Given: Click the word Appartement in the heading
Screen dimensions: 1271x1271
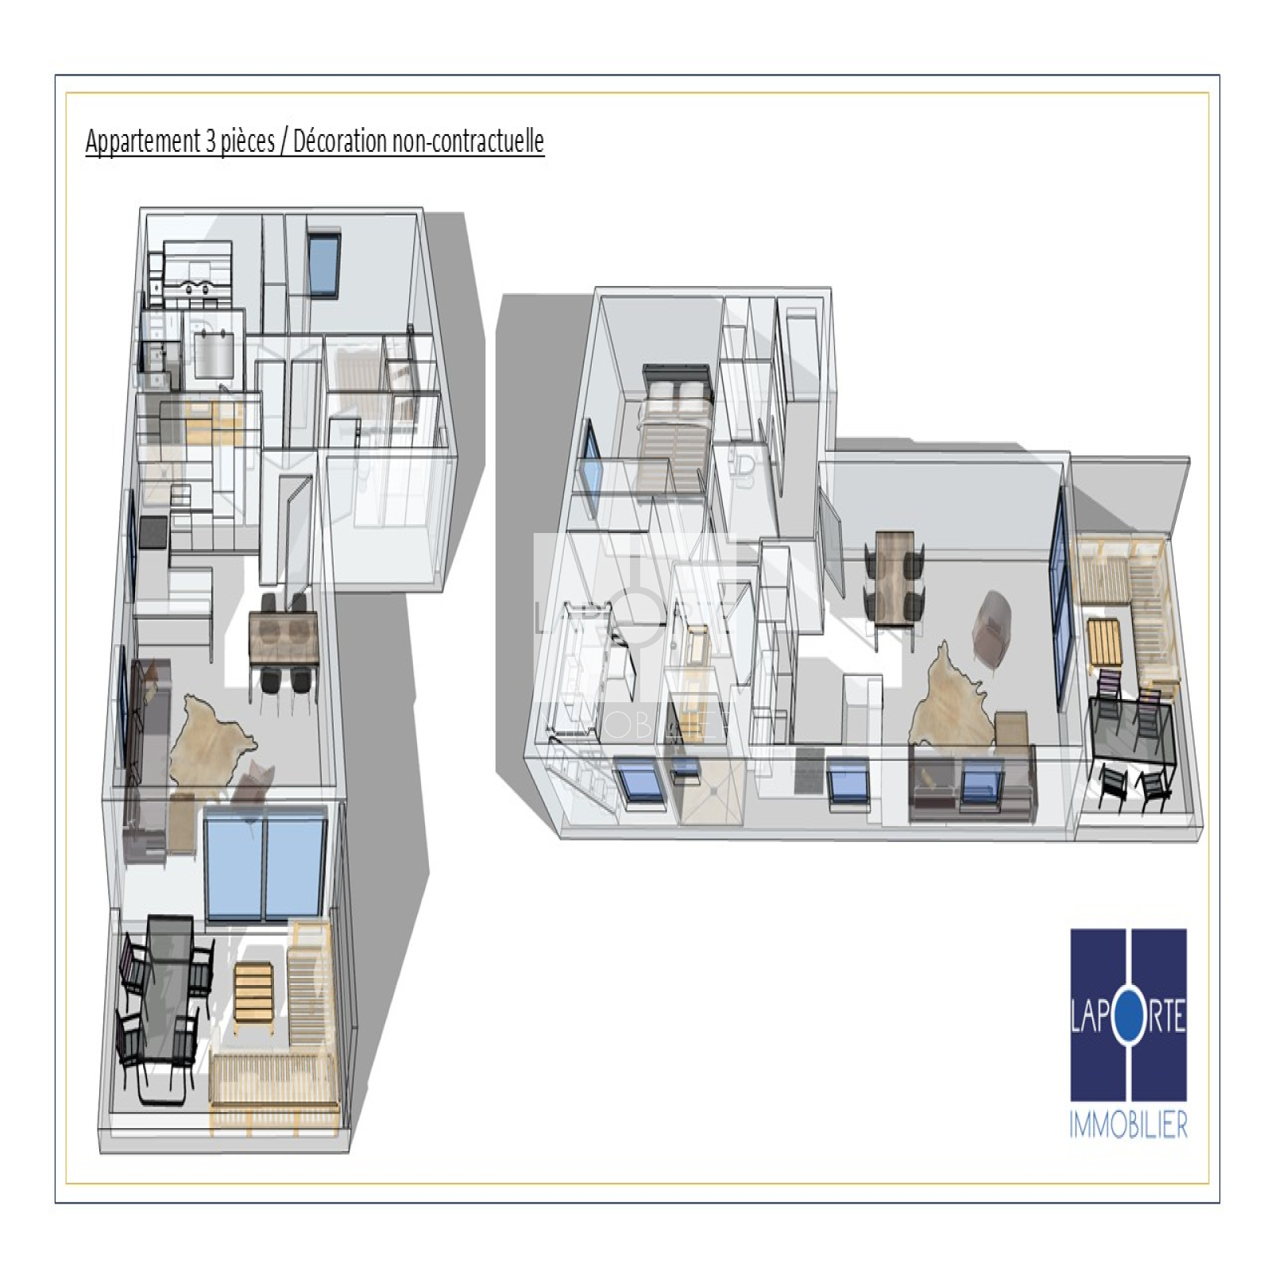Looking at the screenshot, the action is (x=142, y=141).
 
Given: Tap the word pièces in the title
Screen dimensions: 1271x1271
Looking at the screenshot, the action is (x=248, y=141).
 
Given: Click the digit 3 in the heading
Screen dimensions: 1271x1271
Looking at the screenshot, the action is (x=211, y=141).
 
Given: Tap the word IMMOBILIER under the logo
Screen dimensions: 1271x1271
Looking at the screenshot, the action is (x=1128, y=1125).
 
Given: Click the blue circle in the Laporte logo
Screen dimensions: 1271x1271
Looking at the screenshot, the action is (x=1128, y=1018).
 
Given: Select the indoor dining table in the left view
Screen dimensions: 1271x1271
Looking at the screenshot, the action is (x=284, y=638).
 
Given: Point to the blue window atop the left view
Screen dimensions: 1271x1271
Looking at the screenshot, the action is (x=323, y=264).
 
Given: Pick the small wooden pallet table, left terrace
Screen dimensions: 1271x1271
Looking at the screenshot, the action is (x=253, y=991).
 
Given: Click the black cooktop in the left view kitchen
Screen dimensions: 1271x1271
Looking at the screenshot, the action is (x=154, y=532).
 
